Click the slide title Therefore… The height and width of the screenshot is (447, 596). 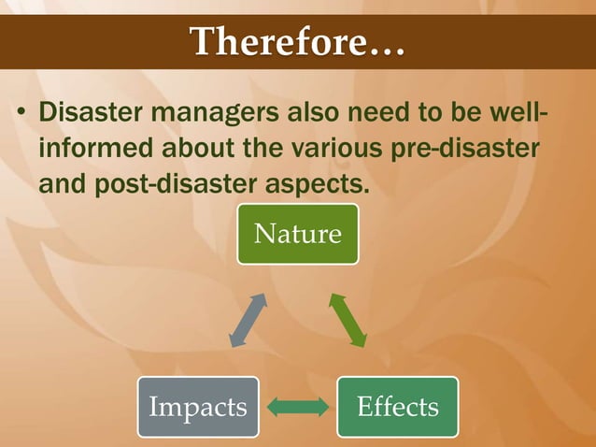pyautogui.click(x=297, y=42)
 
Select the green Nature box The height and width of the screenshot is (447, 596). pyautogui.click(x=297, y=233)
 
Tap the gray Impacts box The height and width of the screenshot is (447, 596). pyautogui.click(x=198, y=407)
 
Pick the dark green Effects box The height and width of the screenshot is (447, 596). pyautogui.click(x=398, y=407)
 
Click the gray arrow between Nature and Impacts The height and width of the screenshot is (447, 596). pyautogui.click(x=248, y=321)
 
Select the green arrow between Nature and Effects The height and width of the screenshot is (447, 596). pyautogui.click(x=347, y=321)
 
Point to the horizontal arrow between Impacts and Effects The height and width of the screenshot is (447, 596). pyautogui.click(x=298, y=407)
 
